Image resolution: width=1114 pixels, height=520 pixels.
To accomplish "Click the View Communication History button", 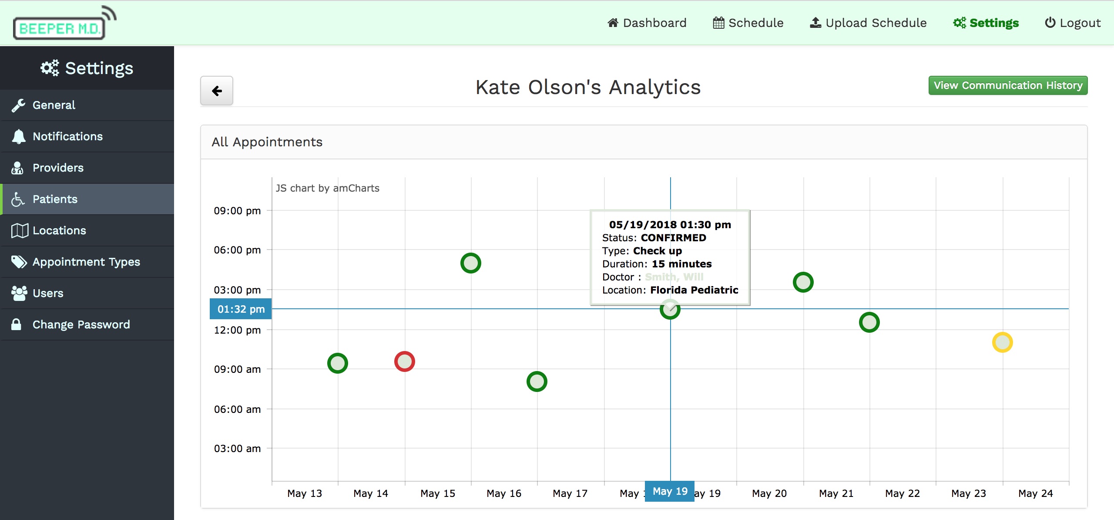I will click(x=1007, y=85).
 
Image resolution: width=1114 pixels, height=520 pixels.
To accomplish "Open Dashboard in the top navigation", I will click(x=647, y=23).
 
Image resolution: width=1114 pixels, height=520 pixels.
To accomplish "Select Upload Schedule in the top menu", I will click(x=868, y=23).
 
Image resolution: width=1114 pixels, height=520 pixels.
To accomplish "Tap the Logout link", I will click(x=1073, y=23).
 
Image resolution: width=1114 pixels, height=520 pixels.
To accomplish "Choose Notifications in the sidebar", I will click(x=67, y=136).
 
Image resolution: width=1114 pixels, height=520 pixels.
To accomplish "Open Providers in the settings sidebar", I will click(x=58, y=168).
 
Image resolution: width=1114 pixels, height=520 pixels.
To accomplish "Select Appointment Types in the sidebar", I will click(x=86, y=262).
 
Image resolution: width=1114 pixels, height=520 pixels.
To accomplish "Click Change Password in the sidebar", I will click(x=81, y=324).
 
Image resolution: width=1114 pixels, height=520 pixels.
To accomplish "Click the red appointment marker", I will click(x=405, y=361).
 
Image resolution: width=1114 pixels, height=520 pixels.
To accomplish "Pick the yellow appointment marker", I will click(x=1003, y=342).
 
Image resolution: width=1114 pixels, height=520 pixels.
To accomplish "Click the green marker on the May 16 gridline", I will click(x=537, y=382).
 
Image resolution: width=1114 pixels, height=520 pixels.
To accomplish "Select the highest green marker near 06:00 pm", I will click(x=471, y=263).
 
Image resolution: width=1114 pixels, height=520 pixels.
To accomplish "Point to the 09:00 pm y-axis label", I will click(x=237, y=211).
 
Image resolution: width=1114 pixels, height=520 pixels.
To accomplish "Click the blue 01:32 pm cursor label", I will click(x=241, y=309).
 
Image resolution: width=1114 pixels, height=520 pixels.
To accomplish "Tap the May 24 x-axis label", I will click(x=1035, y=493).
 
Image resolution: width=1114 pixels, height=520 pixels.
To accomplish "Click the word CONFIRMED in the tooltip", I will click(x=673, y=238).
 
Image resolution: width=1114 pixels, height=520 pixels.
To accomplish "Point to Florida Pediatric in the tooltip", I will click(x=694, y=290).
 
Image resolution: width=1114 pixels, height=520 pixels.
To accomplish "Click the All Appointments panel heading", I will click(x=267, y=142).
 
